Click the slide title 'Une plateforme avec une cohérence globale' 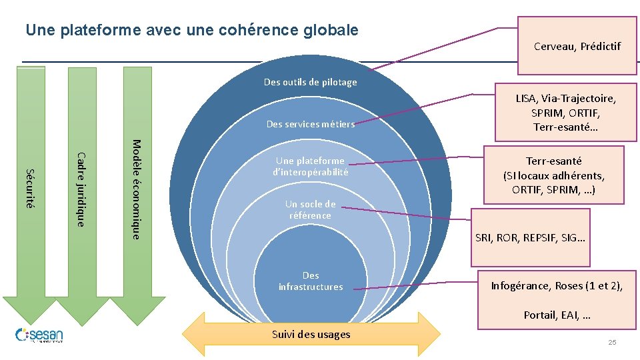point(191,30)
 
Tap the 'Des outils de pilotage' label point(310,82)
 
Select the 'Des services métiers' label point(310,123)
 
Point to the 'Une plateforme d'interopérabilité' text point(311,166)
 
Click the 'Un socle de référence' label point(310,209)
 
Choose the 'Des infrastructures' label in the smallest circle point(311,281)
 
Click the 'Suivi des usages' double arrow point(311,334)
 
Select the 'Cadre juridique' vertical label point(81,189)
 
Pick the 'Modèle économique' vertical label point(135,189)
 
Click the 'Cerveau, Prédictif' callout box point(577,46)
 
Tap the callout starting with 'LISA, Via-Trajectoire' point(565,113)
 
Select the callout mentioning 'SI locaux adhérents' point(553,175)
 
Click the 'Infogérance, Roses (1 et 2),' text point(557,286)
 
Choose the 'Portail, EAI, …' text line point(557,315)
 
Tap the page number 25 point(612,342)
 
